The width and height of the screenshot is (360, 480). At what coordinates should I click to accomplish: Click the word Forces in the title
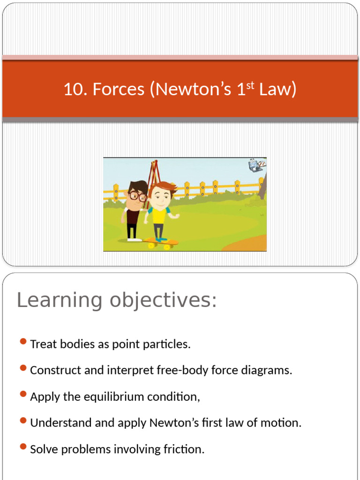[x=118, y=89]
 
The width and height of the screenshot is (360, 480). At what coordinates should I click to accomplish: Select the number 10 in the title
[x=73, y=89]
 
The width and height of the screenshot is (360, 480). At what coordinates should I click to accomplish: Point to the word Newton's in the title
[x=194, y=89]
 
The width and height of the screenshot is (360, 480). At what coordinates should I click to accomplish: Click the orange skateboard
[x=162, y=243]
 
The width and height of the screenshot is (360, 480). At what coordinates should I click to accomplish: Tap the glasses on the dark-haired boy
[x=137, y=195]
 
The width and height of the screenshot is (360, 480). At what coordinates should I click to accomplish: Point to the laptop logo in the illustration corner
[x=256, y=165]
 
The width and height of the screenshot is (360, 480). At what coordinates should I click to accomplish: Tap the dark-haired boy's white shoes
[x=134, y=240]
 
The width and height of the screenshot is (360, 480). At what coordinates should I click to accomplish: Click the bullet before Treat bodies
[x=23, y=342]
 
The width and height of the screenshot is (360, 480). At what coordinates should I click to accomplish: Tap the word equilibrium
[x=120, y=397]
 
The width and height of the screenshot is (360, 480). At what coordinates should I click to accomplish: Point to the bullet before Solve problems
[x=23, y=447]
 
